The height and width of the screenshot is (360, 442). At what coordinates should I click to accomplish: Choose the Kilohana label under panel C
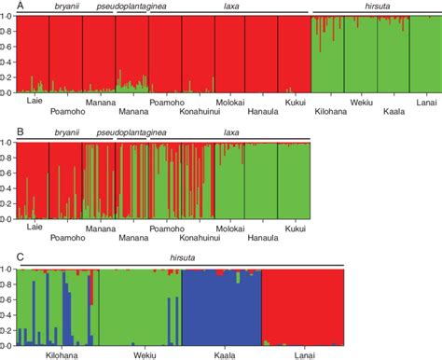(62, 354)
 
